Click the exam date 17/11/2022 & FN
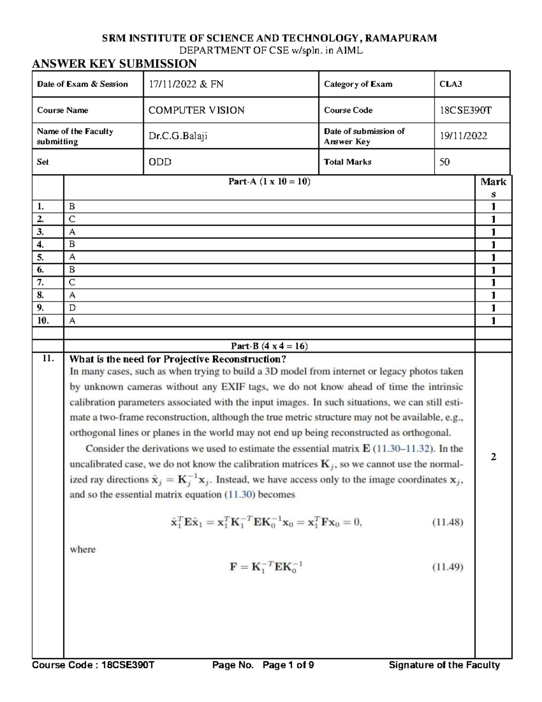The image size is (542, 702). click(x=186, y=84)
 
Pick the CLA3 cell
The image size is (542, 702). click(x=451, y=84)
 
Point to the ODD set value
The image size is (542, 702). click(x=160, y=162)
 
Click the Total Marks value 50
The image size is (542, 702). click(x=444, y=162)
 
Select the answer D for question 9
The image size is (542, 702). click(x=72, y=308)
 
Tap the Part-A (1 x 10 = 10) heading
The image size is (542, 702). click(x=269, y=182)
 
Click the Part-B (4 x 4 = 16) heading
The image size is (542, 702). click(x=269, y=346)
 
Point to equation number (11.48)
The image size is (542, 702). click(x=448, y=523)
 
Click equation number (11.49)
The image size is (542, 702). click(x=448, y=567)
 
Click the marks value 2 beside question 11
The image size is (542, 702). click(x=493, y=457)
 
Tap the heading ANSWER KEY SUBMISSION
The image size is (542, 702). click(x=114, y=64)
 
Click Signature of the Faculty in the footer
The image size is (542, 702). click(x=444, y=665)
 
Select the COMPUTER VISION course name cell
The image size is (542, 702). click(x=196, y=110)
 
